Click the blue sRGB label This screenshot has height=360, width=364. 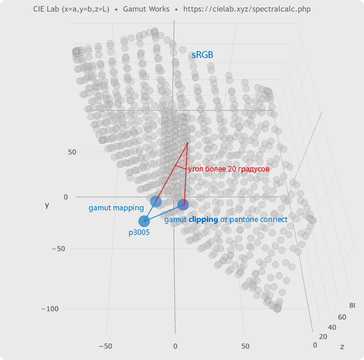(x=202, y=55)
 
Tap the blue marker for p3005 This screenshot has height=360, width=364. (x=144, y=221)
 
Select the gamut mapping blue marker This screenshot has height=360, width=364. (x=156, y=201)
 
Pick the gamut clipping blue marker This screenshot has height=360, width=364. (x=183, y=205)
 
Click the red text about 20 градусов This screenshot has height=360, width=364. (x=229, y=169)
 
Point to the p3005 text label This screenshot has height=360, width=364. (x=139, y=232)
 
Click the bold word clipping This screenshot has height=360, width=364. (x=203, y=220)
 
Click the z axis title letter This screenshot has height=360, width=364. (x=342, y=347)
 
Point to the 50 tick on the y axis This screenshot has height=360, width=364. (x=72, y=152)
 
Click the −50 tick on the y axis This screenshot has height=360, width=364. (x=59, y=249)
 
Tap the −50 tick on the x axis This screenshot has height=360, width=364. (x=105, y=346)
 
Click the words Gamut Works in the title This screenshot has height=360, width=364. (x=146, y=9)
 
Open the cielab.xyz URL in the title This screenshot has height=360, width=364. (x=247, y=9)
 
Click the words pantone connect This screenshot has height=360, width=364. (x=258, y=220)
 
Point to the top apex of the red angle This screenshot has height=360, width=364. (x=187, y=142)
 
